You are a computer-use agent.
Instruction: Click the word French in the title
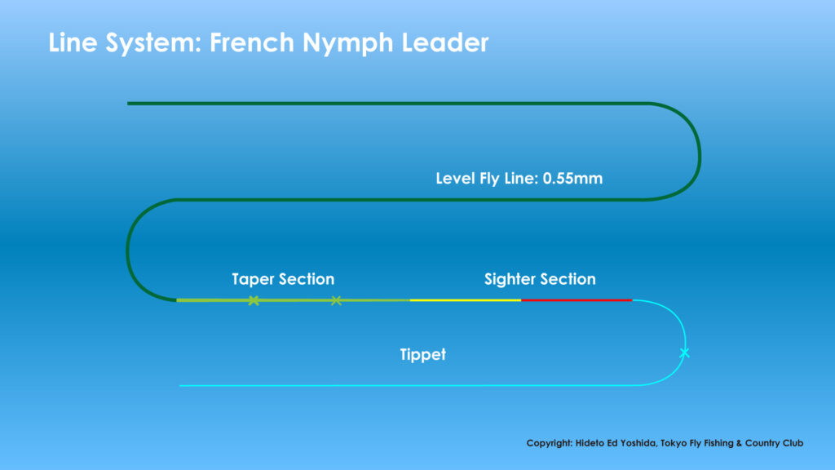[251, 42]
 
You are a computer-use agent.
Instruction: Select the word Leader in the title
[445, 42]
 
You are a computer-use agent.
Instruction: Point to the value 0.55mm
[572, 179]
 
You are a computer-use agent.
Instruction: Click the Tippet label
[423, 355]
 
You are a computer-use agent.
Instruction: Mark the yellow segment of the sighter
[466, 300]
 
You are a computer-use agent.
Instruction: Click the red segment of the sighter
[577, 300]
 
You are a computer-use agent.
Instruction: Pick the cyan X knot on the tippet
[685, 352]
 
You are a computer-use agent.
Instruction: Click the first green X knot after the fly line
[254, 300]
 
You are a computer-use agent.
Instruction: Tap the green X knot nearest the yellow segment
[336, 300]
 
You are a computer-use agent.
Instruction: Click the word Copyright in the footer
[550, 443]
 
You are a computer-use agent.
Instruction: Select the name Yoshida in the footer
[638, 443]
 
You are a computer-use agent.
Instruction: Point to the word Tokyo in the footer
[673, 443]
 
